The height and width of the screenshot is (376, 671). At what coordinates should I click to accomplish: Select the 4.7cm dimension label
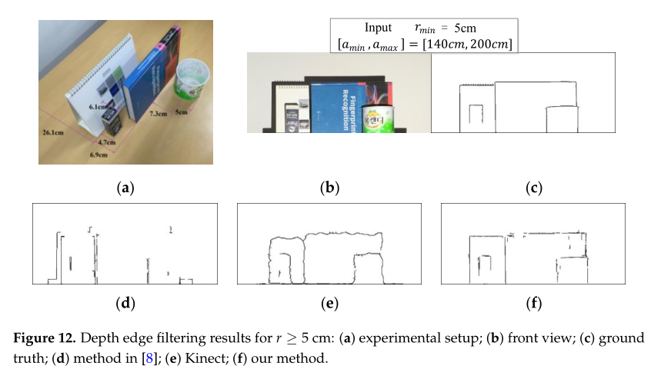106,142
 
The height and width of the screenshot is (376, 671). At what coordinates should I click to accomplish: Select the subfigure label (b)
331,187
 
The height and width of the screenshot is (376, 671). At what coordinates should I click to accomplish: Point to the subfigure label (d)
125,303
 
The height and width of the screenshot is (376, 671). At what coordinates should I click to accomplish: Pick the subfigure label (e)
331,303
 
